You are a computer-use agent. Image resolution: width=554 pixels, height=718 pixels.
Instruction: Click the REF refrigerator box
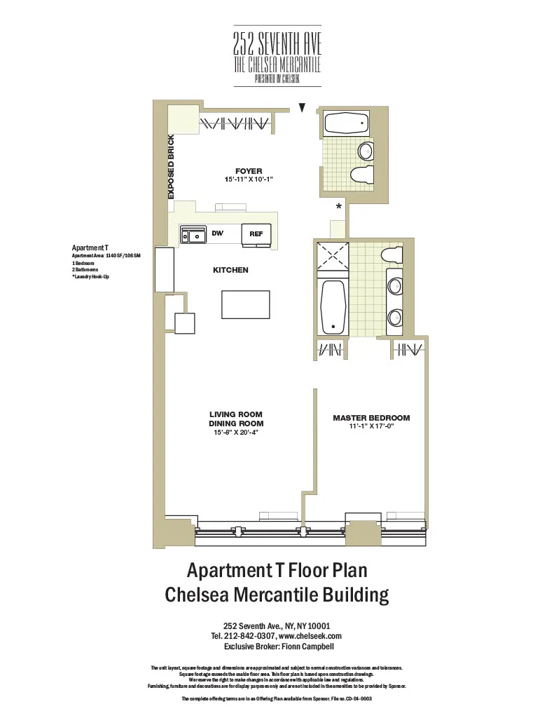pyautogui.click(x=256, y=234)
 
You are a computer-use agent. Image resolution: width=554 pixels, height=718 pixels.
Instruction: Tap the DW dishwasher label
pyautogui.click(x=217, y=233)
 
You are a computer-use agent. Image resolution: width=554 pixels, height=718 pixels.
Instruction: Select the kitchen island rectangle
pyautogui.click(x=244, y=304)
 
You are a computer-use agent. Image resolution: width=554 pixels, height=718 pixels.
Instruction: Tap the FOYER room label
pyautogui.click(x=249, y=171)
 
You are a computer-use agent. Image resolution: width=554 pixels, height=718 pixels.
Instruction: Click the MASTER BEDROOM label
pyautogui.click(x=371, y=418)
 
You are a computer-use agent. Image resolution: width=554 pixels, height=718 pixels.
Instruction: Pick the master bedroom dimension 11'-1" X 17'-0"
pyautogui.click(x=371, y=426)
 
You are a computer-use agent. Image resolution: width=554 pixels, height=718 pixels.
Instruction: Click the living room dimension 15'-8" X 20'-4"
pyautogui.click(x=239, y=433)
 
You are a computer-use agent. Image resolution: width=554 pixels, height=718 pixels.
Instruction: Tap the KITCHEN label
pyautogui.click(x=230, y=270)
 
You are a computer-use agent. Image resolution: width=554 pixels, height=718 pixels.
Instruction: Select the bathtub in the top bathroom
pyautogui.click(x=347, y=124)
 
